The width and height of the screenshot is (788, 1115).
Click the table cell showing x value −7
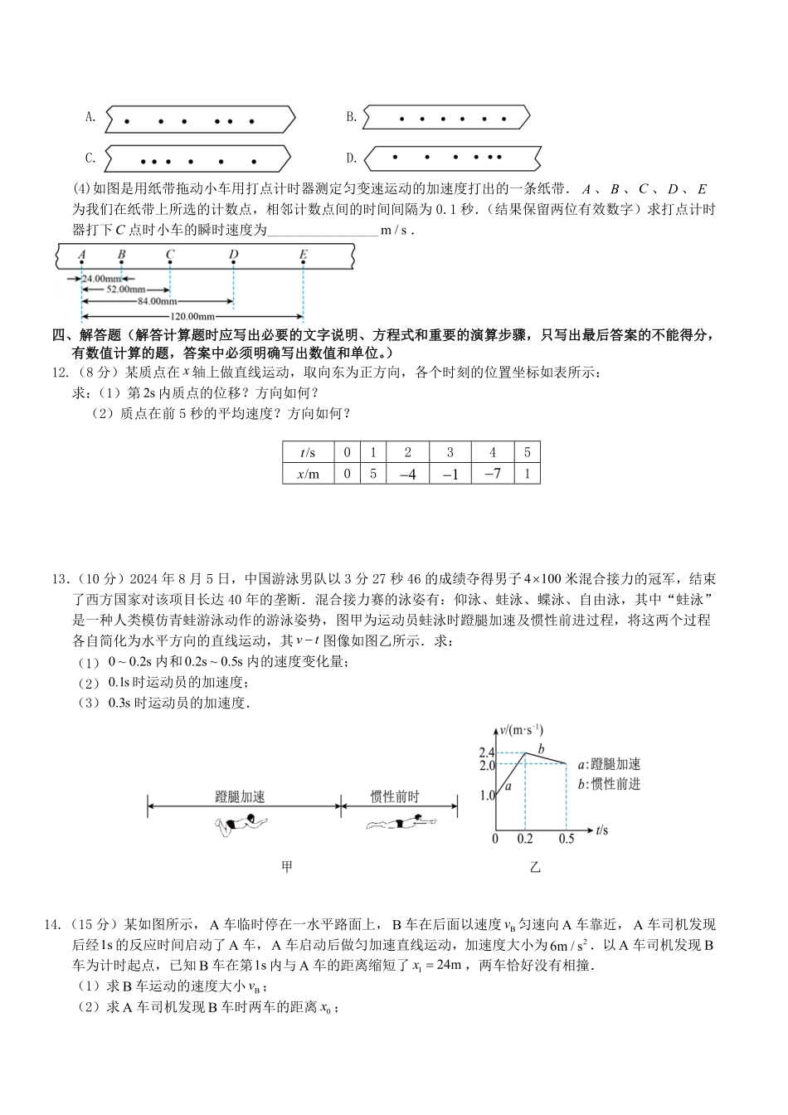[x=493, y=474]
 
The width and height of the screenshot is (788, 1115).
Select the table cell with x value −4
[x=407, y=474]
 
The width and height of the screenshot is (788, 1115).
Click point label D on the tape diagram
[x=234, y=255]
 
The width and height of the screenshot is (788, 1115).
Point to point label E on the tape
[x=304, y=255]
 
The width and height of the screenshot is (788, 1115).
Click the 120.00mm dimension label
[x=192, y=316]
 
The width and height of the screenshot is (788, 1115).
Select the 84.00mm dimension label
[x=158, y=302]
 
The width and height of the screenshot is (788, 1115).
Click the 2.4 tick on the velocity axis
[x=486, y=752]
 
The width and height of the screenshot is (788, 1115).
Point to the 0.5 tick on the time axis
[x=567, y=839]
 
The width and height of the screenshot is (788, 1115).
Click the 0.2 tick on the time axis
[x=525, y=839]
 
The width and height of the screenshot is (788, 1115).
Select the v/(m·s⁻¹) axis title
[x=522, y=730]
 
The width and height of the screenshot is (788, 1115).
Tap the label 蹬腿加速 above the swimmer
[x=240, y=797]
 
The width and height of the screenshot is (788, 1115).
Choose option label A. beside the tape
[x=91, y=117]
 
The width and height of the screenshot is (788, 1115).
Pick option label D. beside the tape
[x=352, y=158]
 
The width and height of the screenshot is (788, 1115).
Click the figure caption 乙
[x=535, y=867]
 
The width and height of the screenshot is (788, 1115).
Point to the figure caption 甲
[x=287, y=867]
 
